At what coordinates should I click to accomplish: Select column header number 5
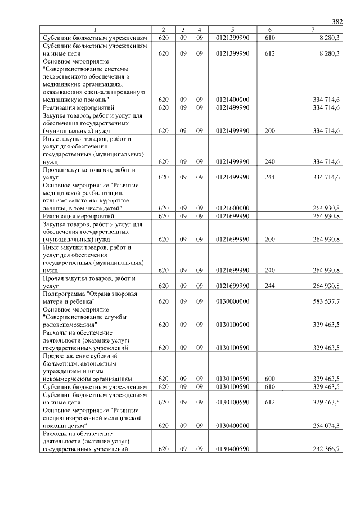coord(232,29)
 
